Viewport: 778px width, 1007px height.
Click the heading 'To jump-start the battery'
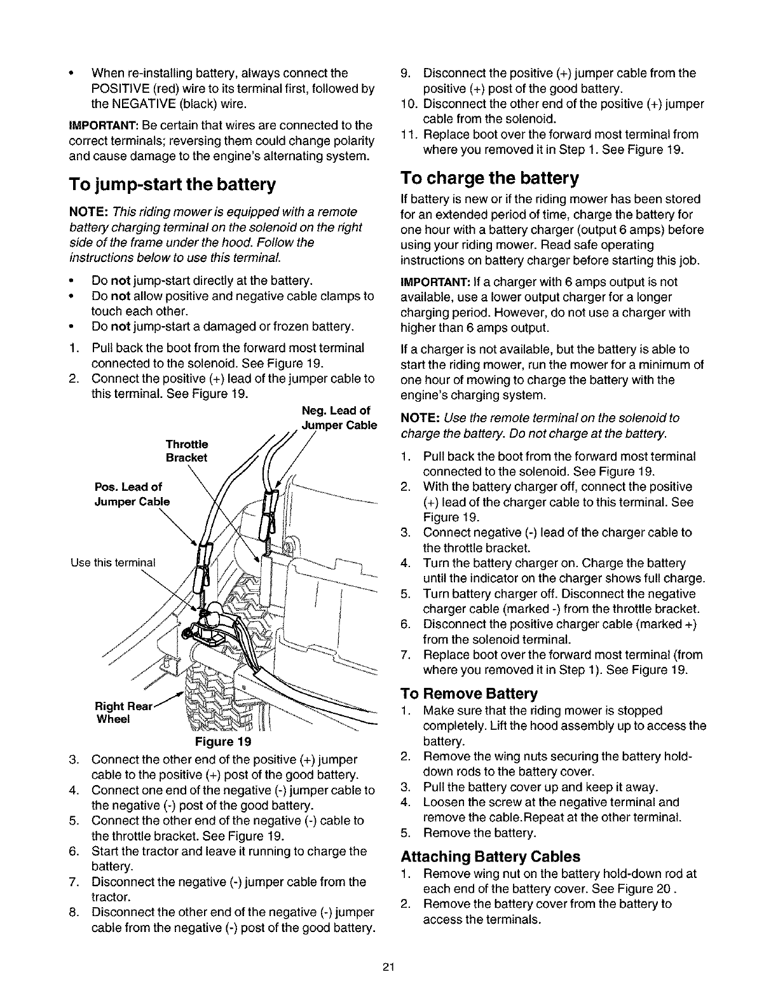pyautogui.click(x=172, y=185)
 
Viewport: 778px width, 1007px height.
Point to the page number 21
pyautogui.click(x=389, y=968)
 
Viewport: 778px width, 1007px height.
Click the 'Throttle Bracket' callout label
pyautogui.click(x=186, y=451)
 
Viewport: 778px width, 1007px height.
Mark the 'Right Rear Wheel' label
pyautogui.click(x=121, y=713)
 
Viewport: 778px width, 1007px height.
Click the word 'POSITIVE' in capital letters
pyautogui.click(x=121, y=88)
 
